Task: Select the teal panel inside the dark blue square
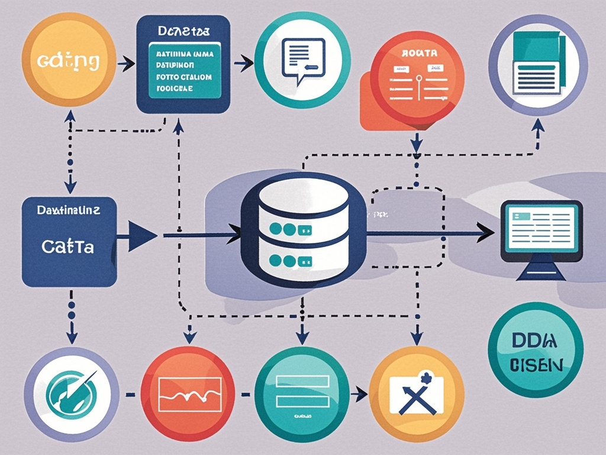click(182, 71)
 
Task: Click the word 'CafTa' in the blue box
click(67, 247)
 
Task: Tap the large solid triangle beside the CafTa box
click(141, 236)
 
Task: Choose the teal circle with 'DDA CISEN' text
click(536, 350)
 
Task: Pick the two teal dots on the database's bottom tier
click(281, 260)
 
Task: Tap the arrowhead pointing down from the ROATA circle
click(416, 143)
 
